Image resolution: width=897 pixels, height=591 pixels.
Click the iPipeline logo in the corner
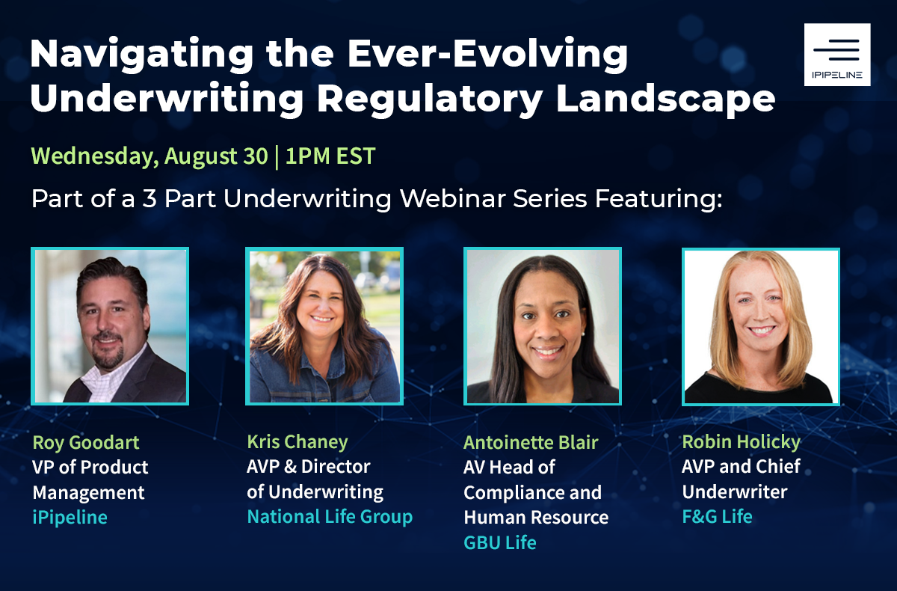[x=837, y=55]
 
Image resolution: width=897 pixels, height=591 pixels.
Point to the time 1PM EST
[x=330, y=156]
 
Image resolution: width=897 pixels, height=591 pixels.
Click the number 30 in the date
[x=256, y=156]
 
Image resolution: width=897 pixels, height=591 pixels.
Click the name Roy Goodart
[x=86, y=443]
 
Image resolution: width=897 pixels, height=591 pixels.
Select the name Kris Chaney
[x=298, y=442]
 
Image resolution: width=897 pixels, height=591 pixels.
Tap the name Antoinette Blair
[x=531, y=443]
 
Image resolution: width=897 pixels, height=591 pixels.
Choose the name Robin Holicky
[x=742, y=442]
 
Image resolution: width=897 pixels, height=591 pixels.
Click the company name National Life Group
[x=330, y=516]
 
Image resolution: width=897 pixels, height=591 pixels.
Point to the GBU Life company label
[x=500, y=543]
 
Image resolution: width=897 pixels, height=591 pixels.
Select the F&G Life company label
[x=717, y=516]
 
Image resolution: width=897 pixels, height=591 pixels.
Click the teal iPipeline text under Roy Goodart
[x=70, y=517]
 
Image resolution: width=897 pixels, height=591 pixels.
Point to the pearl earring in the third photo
[x=583, y=334]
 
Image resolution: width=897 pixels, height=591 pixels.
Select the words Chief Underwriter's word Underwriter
[x=735, y=492]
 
